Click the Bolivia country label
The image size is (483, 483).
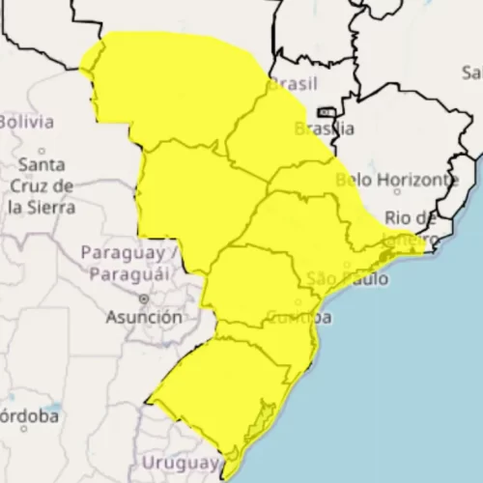coord(26,122)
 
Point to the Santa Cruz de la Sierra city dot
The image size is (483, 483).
coord(41,152)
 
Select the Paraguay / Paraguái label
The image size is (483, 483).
coord(128,263)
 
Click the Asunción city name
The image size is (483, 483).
coord(144,317)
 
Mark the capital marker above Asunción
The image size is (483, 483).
coord(144,298)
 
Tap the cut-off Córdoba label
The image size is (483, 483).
coord(28,416)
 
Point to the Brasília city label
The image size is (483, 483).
coord(318,128)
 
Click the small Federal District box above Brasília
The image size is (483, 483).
coord(327,112)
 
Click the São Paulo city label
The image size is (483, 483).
coord(347,279)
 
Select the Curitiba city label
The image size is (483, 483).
coord(299,317)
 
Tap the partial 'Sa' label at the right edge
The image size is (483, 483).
coord(472,72)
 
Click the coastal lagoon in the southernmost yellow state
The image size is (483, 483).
coord(258,425)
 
